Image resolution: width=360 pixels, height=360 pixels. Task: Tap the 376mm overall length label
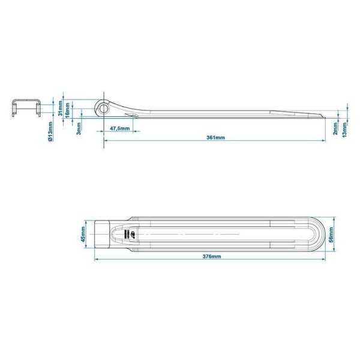point(211,256)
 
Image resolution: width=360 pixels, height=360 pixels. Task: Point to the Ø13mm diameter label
point(50,130)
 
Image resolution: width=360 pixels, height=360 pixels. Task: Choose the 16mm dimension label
point(68,112)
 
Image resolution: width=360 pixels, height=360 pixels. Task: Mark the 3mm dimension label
point(79,128)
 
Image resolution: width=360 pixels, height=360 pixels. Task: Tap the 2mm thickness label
point(335,128)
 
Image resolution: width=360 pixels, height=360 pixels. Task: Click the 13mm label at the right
point(344,128)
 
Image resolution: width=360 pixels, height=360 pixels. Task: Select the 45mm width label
point(84,234)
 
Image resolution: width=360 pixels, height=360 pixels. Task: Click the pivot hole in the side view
point(104,109)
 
